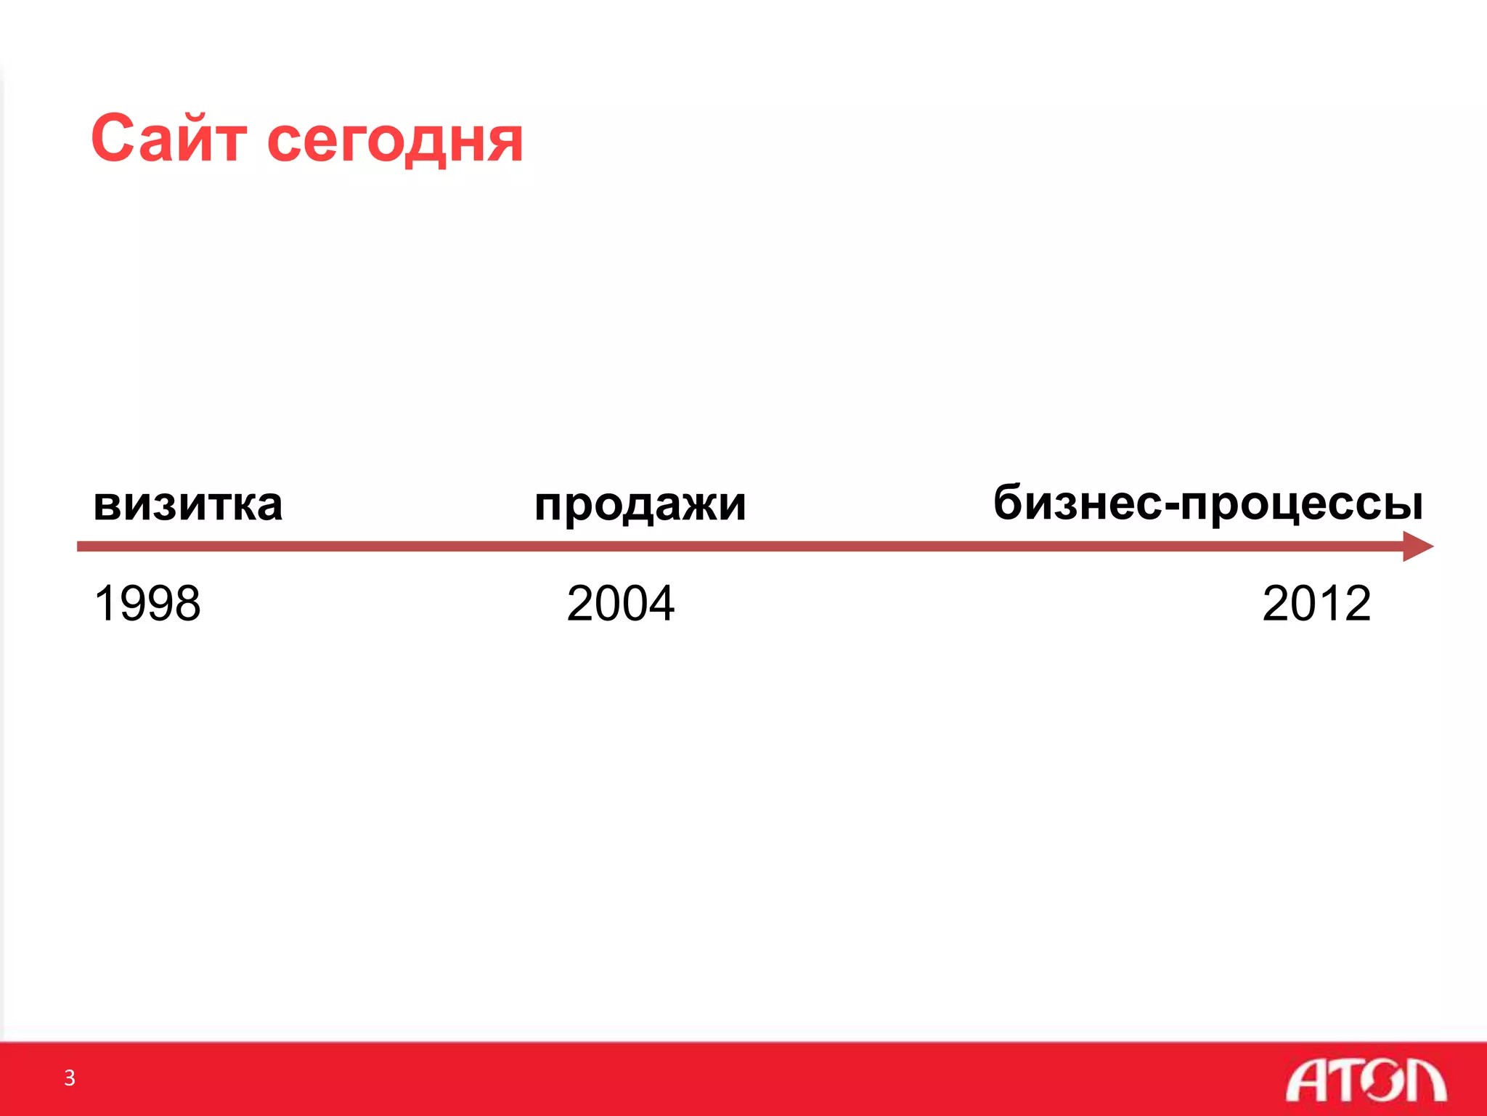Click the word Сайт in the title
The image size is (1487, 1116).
pyautogui.click(x=168, y=139)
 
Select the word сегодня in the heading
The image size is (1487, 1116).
pyautogui.click(x=395, y=142)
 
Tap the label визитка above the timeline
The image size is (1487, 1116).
pyautogui.click(x=187, y=504)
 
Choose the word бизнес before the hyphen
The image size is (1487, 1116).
pyautogui.click(x=1077, y=503)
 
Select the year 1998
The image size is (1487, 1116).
pyautogui.click(x=147, y=603)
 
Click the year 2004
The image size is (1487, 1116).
pyautogui.click(x=620, y=603)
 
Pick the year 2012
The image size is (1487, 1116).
pyautogui.click(x=1316, y=603)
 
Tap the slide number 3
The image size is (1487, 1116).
pyautogui.click(x=70, y=1077)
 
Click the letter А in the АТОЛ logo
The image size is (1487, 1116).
pyautogui.click(x=1306, y=1080)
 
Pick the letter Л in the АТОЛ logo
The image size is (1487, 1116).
pyautogui.click(x=1425, y=1080)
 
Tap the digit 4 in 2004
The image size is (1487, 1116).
pyautogui.click(x=661, y=603)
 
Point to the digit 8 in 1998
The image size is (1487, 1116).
pyautogui.click(x=187, y=603)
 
